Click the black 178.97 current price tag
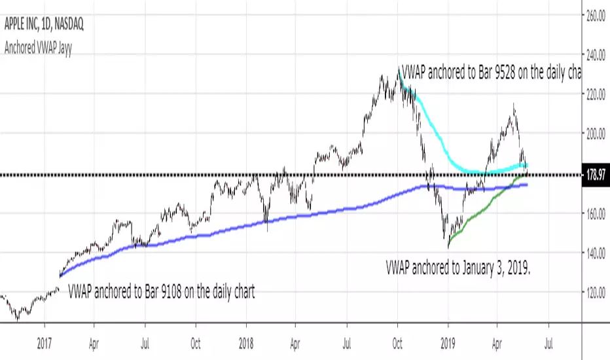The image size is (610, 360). tap(595, 175)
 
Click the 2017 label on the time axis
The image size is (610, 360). tap(45, 340)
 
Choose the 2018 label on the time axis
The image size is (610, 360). tap(246, 340)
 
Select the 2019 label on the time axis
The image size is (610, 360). tap(448, 340)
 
